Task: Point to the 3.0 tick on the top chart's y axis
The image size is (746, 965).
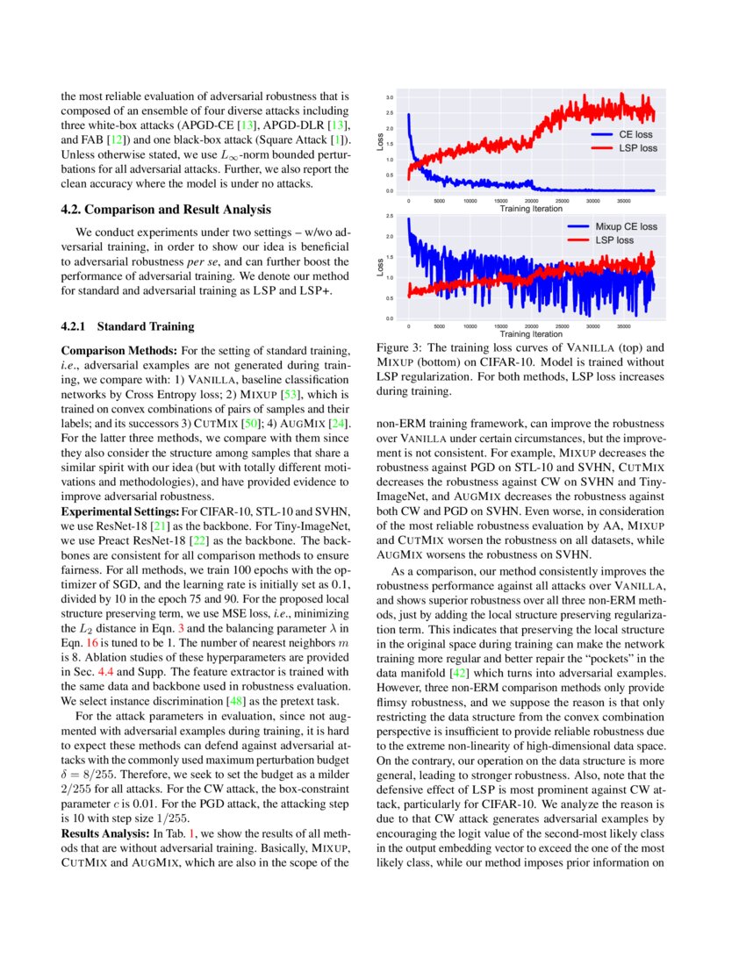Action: coord(390,97)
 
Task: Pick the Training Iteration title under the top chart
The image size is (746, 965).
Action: coord(531,209)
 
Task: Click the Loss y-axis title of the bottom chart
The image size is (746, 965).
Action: coord(380,268)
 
